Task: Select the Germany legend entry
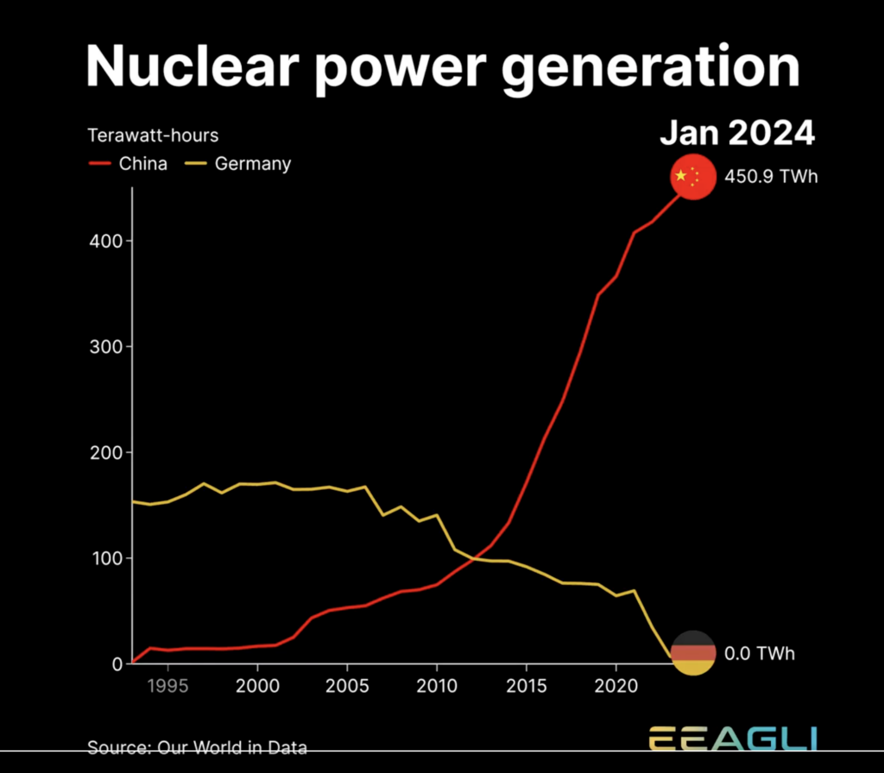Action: (x=240, y=164)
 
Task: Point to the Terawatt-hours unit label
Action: (x=153, y=135)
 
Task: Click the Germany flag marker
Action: (x=693, y=653)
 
